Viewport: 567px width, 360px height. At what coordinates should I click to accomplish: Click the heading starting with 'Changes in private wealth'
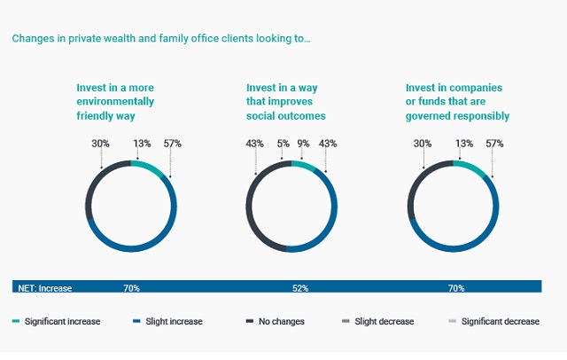click(x=160, y=38)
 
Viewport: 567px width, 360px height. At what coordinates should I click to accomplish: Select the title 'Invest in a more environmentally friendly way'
click(x=128, y=101)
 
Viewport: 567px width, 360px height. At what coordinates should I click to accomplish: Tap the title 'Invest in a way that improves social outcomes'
click(x=286, y=101)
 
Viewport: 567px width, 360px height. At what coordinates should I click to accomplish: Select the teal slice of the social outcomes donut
click(x=302, y=166)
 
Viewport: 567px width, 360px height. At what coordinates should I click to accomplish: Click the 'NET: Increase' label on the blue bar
click(x=45, y=287)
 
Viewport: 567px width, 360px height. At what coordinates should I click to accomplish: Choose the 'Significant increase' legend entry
click(x=57, y=321)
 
